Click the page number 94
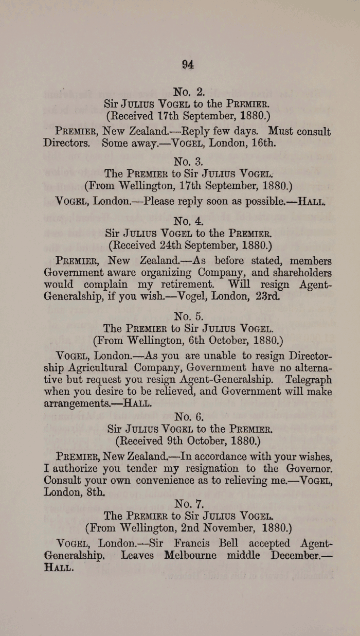pos(188,64)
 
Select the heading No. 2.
pos(189,92)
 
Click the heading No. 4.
pos(189,221)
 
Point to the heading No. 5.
pos(189,316)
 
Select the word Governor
pos(309,469)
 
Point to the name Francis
pos(198,543)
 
